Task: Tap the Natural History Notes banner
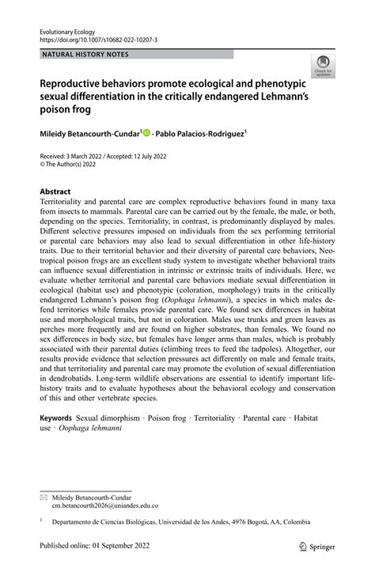click(86, 55)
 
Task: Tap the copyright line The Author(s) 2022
click(75, 167)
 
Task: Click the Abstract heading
click(55, 192)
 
